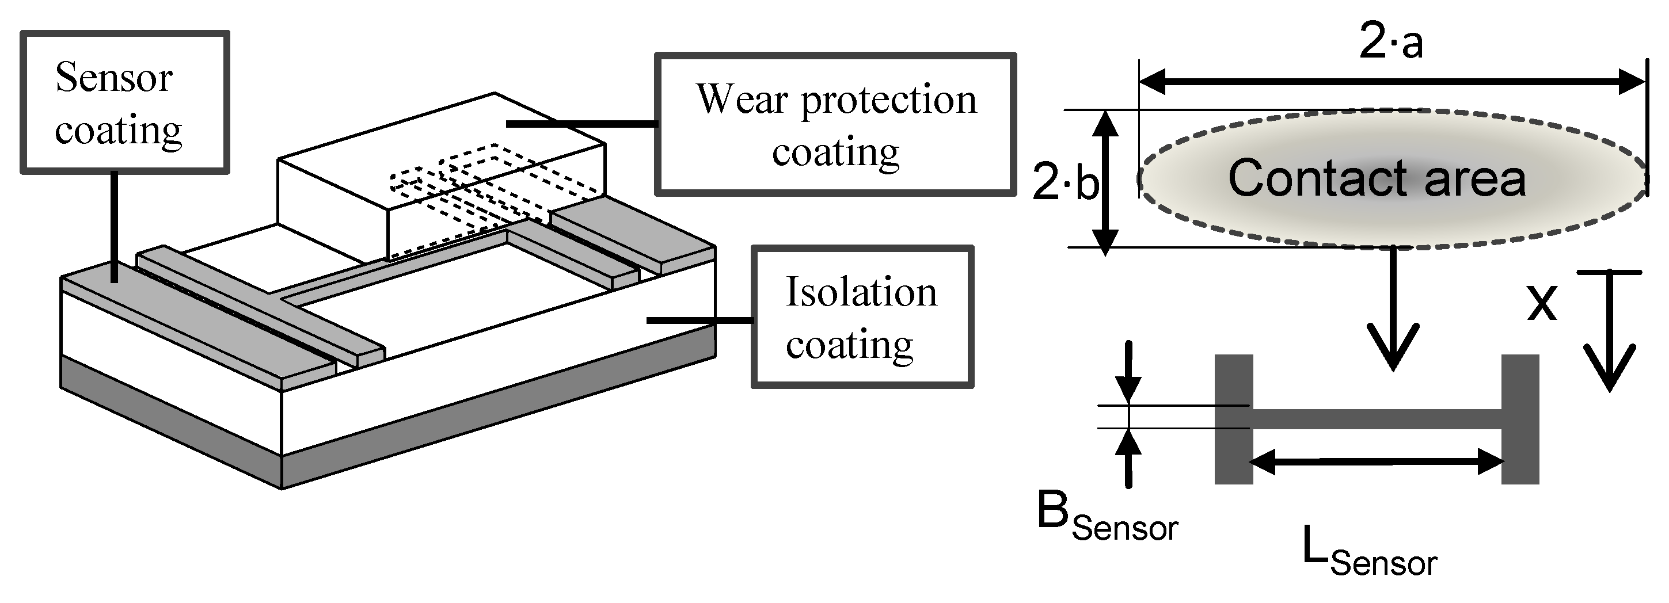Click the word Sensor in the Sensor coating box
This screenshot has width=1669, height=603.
point(113,77)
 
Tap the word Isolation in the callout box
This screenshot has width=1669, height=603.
point(861,292)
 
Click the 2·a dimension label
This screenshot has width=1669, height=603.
point(1390,43)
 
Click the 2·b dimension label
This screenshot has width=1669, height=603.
point(1065,182)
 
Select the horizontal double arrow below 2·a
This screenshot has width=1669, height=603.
point(1392,82)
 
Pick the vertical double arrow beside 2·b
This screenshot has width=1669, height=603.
point(1105,182)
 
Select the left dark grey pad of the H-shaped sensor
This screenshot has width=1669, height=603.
point(1233,419)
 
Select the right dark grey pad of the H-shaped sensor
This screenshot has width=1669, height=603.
point(1520,419)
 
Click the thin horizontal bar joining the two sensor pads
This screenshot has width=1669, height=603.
point(1377,418)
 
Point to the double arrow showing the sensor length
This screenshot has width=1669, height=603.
point(1377,462)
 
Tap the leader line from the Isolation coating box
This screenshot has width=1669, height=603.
point(699,320)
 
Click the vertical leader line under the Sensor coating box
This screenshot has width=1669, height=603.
point(114,227)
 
